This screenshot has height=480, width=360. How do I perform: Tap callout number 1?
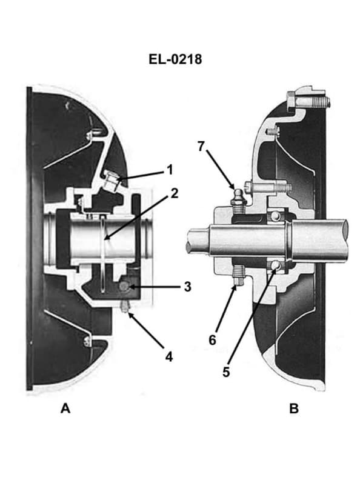(x=170, y=169)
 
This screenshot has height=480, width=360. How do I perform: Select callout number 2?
(x=174, y=193)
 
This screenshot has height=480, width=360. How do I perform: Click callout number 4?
(x=170, y=356)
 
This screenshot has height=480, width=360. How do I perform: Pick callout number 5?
(x=226, y=372)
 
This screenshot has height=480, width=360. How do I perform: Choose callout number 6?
(x=212, y=340)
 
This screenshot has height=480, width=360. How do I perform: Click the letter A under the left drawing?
(x=65, y=408)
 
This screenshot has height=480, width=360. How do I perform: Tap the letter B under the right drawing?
(x=294, y=408)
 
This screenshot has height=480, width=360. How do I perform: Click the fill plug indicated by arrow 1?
(x=112, y=179)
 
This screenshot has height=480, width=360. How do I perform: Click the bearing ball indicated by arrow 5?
(x=276, y=265)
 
